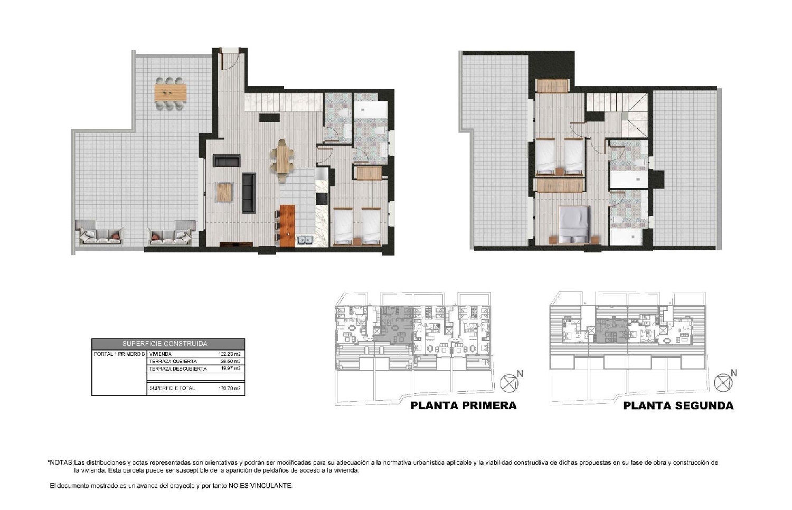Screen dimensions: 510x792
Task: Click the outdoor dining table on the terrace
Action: [171, 93]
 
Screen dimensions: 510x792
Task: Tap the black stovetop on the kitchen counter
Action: [322, 199]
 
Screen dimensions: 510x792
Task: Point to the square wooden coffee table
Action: [224, 192]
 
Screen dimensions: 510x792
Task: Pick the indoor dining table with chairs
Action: [283, 160]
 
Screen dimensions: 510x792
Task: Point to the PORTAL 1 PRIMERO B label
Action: [119, 354]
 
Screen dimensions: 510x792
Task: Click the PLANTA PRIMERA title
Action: [463, 405]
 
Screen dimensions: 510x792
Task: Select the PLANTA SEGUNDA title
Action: [678, 405]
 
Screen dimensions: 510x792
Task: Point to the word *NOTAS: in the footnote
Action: [61, 462]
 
